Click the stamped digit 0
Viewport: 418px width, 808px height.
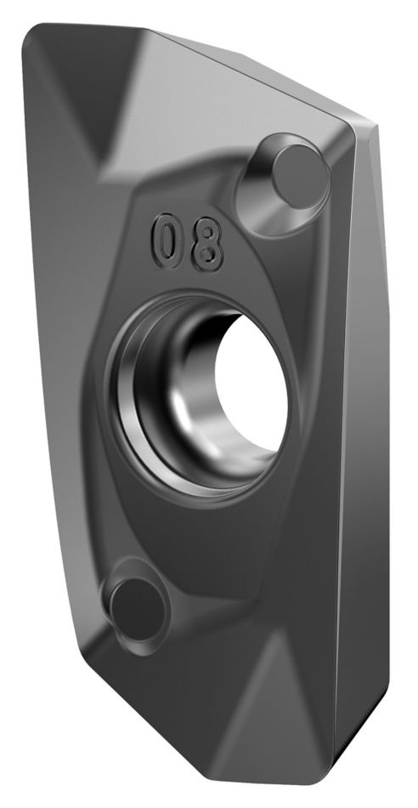click(167, 241)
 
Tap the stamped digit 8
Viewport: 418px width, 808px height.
click(207, 244)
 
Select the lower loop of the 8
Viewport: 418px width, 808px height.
click(207, 255)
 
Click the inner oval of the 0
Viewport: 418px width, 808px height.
click(167, 241)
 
